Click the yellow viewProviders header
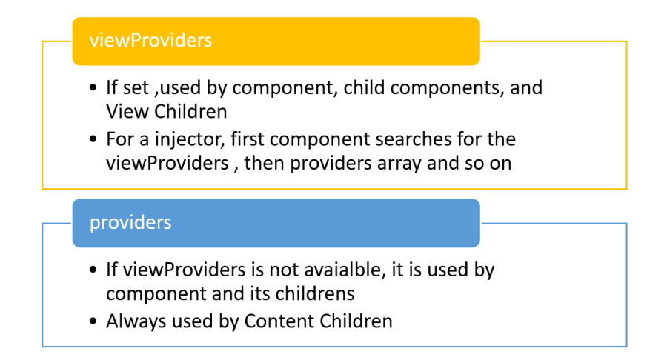(276, 41)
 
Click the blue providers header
(276, 222)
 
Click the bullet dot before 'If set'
(93, 88)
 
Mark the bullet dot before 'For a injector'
(93, 139)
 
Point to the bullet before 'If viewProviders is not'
(93, 270)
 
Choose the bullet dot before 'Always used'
(93, 321)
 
